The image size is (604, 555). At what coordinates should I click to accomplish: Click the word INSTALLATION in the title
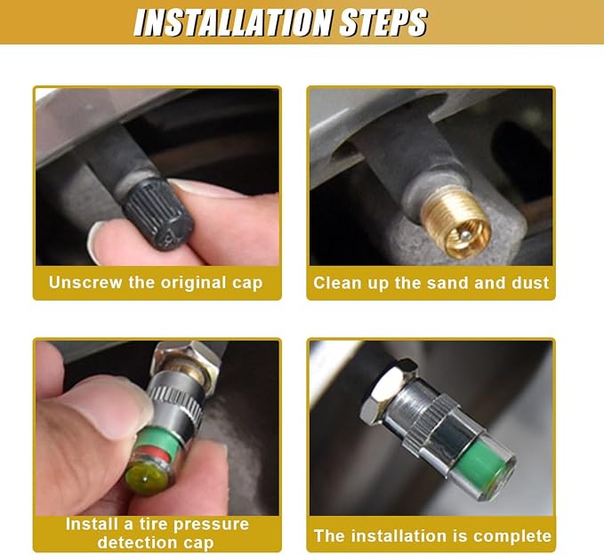pyautogui.click(x=233, y=22)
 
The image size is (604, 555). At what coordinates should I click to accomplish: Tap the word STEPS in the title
pyautogui.click(x=383, y=22)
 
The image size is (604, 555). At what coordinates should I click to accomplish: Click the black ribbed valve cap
pyautogui.click(x=158, y=213)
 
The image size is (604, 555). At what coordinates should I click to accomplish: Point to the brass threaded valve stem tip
pyautogui.click(x=455, y=221)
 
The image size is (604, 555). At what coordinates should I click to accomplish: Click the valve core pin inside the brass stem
pyautogui.click(x=466, y=234)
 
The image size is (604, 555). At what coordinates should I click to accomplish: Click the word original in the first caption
pyautogui.click(x=193, y=283)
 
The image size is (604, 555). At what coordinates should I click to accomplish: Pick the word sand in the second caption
pyautogui.click(x=448, y=283)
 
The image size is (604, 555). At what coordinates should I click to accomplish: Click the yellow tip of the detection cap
pyautogui.click(x=147, y=478)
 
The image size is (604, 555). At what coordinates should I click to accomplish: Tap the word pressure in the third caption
pyautogui.click(x=211, y=525)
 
